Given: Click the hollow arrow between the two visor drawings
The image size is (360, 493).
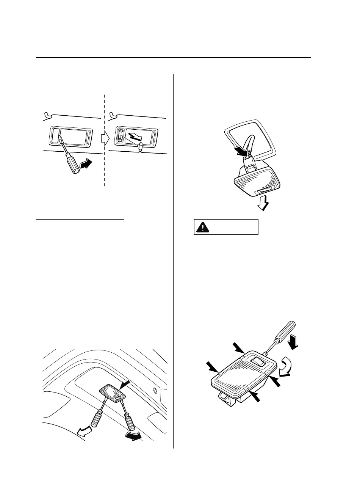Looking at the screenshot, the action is [105, 138].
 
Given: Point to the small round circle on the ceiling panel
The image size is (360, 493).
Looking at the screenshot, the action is [154, 390].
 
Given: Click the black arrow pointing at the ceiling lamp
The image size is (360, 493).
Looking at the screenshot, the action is [124, 385].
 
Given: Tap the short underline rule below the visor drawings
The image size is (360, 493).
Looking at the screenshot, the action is [80, 219].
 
